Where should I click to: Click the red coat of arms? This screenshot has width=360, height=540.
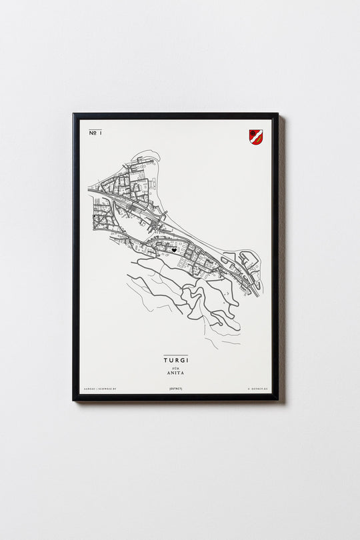click(x=255, y=137)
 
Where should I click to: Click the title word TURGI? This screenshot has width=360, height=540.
click(x=175, y=360)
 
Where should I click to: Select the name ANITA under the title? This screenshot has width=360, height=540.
click(x=175, y=375)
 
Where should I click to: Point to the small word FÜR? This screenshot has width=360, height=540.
click(x=175, y=368)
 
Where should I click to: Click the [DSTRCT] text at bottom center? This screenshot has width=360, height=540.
click(x=175, y=388)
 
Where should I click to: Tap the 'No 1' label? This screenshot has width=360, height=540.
click(x=95, y=133)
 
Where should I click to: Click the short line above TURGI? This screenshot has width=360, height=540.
click(x=175, y=355)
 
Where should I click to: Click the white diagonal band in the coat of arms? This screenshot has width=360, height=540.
click(x=255, y=136)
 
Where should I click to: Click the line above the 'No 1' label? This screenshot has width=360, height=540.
click(x=95, y=129)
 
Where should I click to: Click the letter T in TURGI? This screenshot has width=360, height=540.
click(x=165, y=360)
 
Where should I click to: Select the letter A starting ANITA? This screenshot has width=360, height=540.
click(x=168, y=375)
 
